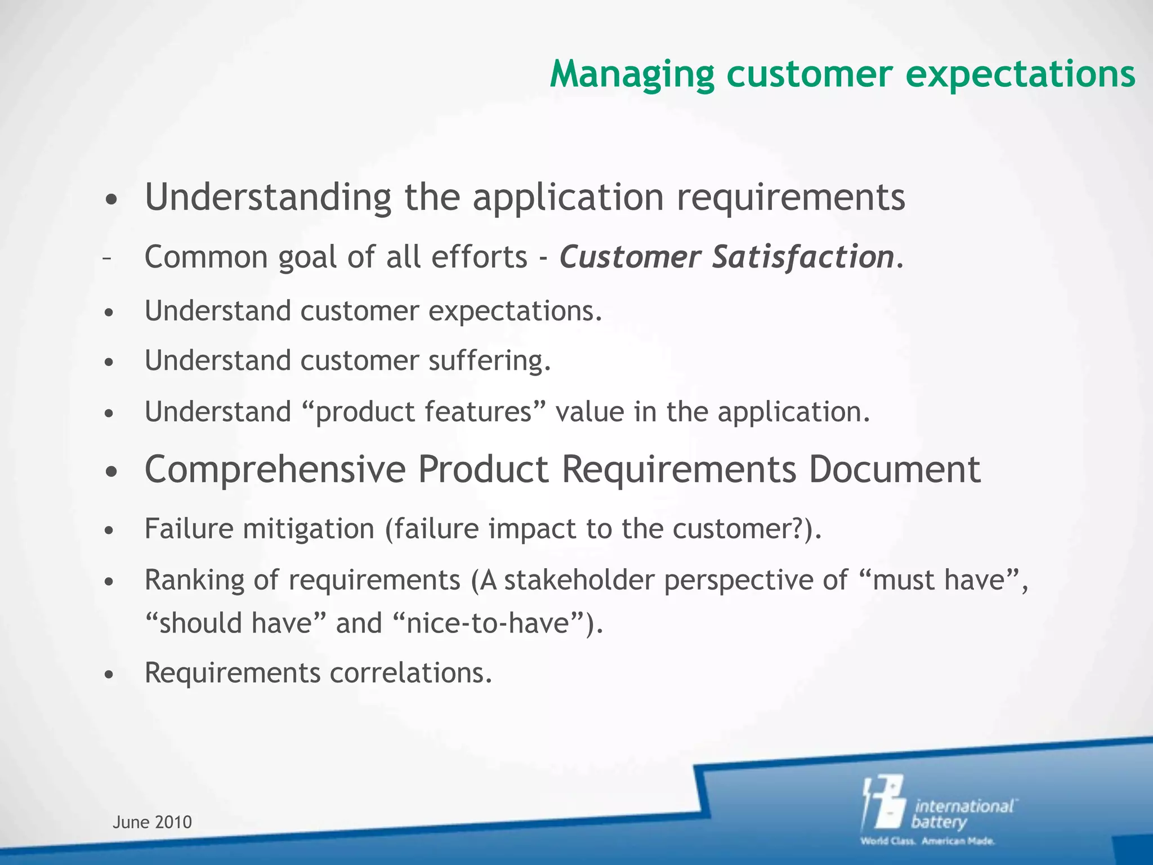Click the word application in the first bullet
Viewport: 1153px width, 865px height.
point(568,198)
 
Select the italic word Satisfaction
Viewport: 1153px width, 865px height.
point(803,257)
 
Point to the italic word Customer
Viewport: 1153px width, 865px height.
point(629,257)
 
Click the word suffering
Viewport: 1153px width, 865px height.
point(488,361)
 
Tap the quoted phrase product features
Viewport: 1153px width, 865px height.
point(423,412)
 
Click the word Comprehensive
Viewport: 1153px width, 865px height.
point(275,470)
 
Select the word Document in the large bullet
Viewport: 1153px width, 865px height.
point(895,470)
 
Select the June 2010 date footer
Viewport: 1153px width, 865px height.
point(152,822)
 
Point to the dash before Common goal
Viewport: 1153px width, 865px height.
point(106,258)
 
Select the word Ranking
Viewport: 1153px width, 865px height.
point(194,581)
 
